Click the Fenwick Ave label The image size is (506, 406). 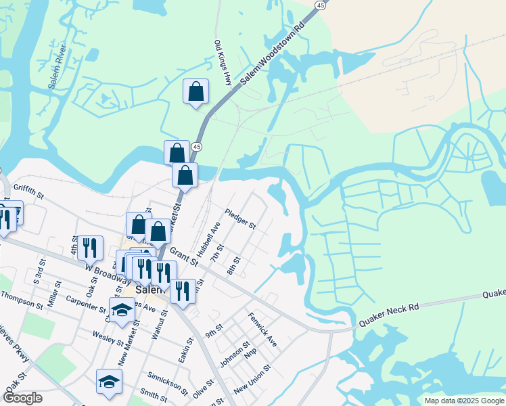tap(262, 329)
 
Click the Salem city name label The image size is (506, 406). tap(147, 289)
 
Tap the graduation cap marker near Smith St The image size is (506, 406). tap(109, 382)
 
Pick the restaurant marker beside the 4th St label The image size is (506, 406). tap(90, 248)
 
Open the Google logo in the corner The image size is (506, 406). tap(22, 398)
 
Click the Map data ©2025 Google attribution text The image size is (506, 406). tap(464, 401)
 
